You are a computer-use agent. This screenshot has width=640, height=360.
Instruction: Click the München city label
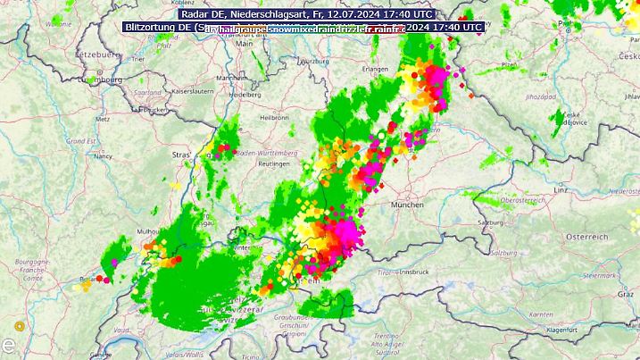(406, 205)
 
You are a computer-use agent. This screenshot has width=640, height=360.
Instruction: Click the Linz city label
(561, 190)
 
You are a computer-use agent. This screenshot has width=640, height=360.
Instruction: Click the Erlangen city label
(376, 69)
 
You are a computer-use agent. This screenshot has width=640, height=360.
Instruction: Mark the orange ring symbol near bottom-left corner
(20, 325)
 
